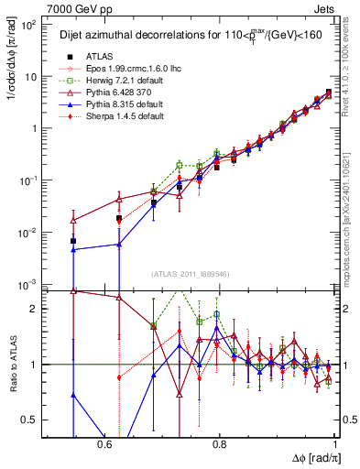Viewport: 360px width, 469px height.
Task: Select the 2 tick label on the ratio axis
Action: (37, 310)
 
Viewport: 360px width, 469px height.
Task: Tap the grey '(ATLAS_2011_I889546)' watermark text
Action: (191, 273)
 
